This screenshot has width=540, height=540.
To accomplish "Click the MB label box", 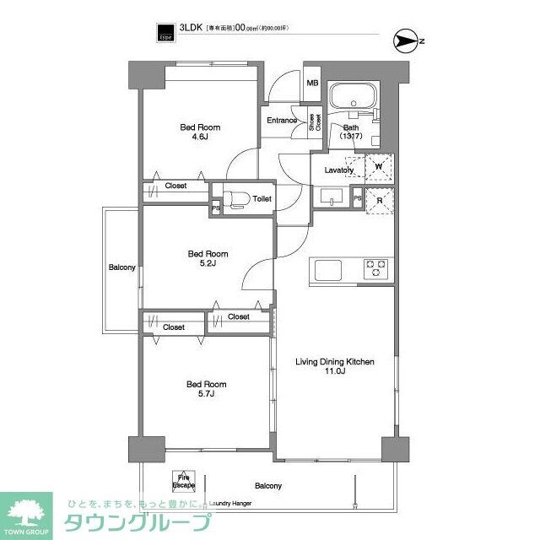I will [x=311, y=83].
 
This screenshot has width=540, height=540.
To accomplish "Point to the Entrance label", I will [x=281, y=120].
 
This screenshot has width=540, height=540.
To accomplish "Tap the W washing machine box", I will [x=378, y=166].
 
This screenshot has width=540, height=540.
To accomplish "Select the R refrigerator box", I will [x=378, y=200].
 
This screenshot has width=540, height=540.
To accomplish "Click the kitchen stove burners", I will [x=375, y=269].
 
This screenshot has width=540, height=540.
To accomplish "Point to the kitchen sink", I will [x=328, y=270].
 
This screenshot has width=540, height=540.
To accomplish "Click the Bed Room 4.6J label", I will [x=193, y=132].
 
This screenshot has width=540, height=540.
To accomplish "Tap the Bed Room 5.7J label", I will [x=206, y=389].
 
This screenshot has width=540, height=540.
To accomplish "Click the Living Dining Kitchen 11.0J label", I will [x=334, y=367].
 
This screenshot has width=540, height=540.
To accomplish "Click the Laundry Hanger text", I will [x=230, y=504].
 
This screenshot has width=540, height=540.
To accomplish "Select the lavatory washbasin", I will [x=330, y=198].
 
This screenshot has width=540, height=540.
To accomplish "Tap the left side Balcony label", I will [x=121, y=268].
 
